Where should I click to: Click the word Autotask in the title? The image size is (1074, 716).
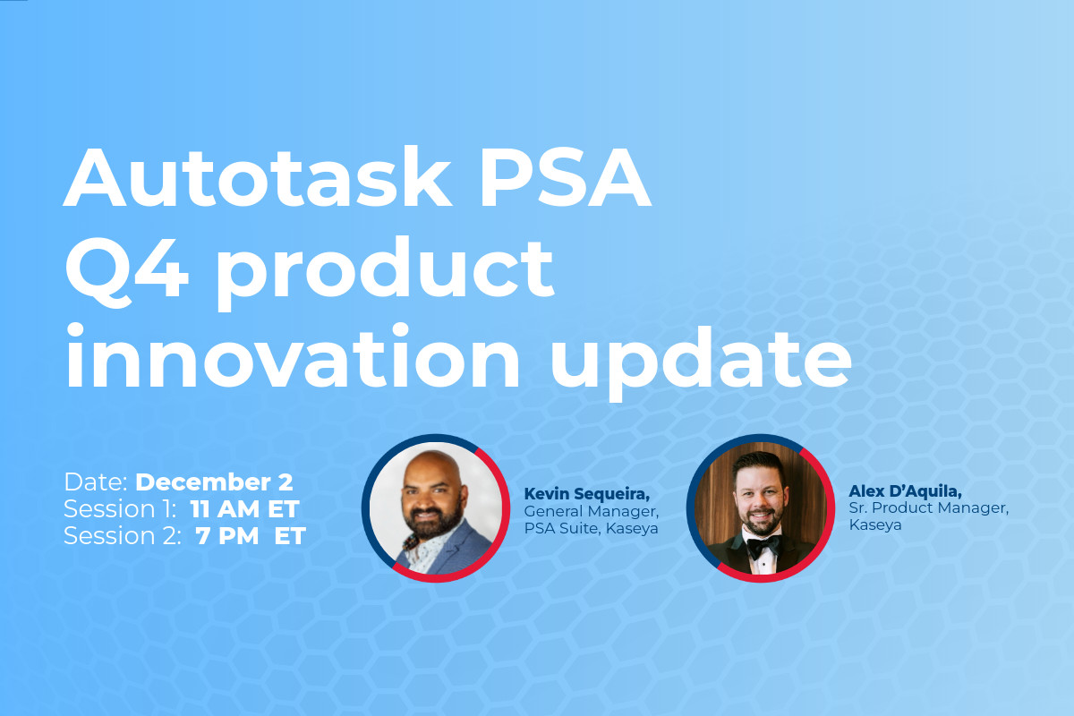[x=258, y=177]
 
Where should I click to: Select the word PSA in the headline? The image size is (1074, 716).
[x=566, y=176]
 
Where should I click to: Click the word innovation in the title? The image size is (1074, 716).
[x=292, y=355]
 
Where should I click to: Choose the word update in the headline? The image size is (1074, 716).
[x=701, y=363]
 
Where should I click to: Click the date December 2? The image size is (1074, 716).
[x=214, y=482]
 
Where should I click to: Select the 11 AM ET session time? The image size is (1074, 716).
[x=245, y=509]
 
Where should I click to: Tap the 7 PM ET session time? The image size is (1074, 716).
[x=251, y=536]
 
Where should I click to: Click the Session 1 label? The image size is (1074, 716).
[x=120, y=509]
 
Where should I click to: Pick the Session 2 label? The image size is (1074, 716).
[x=123, y=536]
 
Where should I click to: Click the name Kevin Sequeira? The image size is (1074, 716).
[x=587, y=493]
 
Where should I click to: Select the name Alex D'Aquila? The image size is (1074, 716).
[x=905, y=491]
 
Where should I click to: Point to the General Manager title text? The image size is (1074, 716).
[x=592, y=511]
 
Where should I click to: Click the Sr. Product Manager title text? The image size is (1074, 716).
[x=929, y=507]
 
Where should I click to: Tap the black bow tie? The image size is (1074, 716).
[x=763, y=546]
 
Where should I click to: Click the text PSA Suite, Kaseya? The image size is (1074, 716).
[x=591, y=528]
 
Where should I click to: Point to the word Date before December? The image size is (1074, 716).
[x=96, y=482]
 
